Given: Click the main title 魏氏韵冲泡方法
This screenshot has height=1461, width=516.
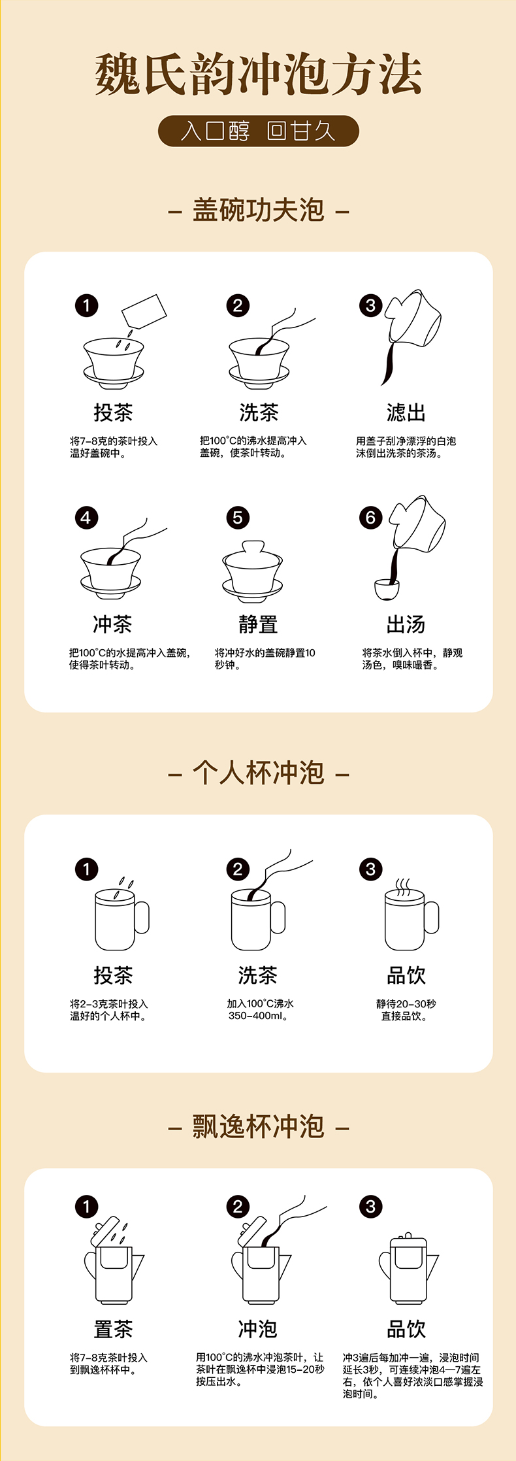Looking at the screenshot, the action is pyautogui.click(x=258, y=74).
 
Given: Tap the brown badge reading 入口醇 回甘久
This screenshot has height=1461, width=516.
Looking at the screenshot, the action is pyautogui.click(x=258, y=131).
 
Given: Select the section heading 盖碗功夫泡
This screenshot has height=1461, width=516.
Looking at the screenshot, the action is pyautogui.click(x=258, y=210).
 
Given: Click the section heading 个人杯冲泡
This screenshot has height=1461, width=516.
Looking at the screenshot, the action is pyautogui.click(x=258, y=773).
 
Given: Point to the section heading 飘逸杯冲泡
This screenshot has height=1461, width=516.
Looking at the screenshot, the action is pyautogui.click(x=258, y=1126).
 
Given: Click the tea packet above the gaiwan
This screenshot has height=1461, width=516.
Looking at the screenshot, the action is pyautogui.click(x=144, y=312).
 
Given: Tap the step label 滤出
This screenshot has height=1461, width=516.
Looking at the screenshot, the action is pyautogui.click(x=406, y=412).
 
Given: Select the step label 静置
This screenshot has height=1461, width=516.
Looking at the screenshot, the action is pyautogui.click(x=258, y=624).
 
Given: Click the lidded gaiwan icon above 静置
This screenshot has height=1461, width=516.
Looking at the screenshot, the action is pyautogui.click(x=253, y=571).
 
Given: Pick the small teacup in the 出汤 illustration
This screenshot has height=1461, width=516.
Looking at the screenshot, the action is pyautogui.click(x=387, y=588).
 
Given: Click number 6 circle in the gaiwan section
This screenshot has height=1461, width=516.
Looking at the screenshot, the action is pyautogui.click(x=370, y=518).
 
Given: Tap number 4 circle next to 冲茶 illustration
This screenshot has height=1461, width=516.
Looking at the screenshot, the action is pyautogui.click(x=86, y=518).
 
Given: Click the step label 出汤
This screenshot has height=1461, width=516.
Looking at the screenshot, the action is pyautogui.click(x=406, y=624).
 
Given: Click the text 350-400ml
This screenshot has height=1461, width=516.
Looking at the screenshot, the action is pyautogui.click(x=258, y=1016).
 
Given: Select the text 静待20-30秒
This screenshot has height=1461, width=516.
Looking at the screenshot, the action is pyautogui.click(x=406, y=1003).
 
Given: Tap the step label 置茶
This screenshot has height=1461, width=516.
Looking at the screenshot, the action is pyautogui.click(x=113, y=1329).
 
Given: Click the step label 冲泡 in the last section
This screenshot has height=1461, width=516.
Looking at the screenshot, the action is pyautogui.click(x=258, y=1329).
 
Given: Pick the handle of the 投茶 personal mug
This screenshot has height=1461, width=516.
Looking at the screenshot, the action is pyautogui.click(x=142, y=916).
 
